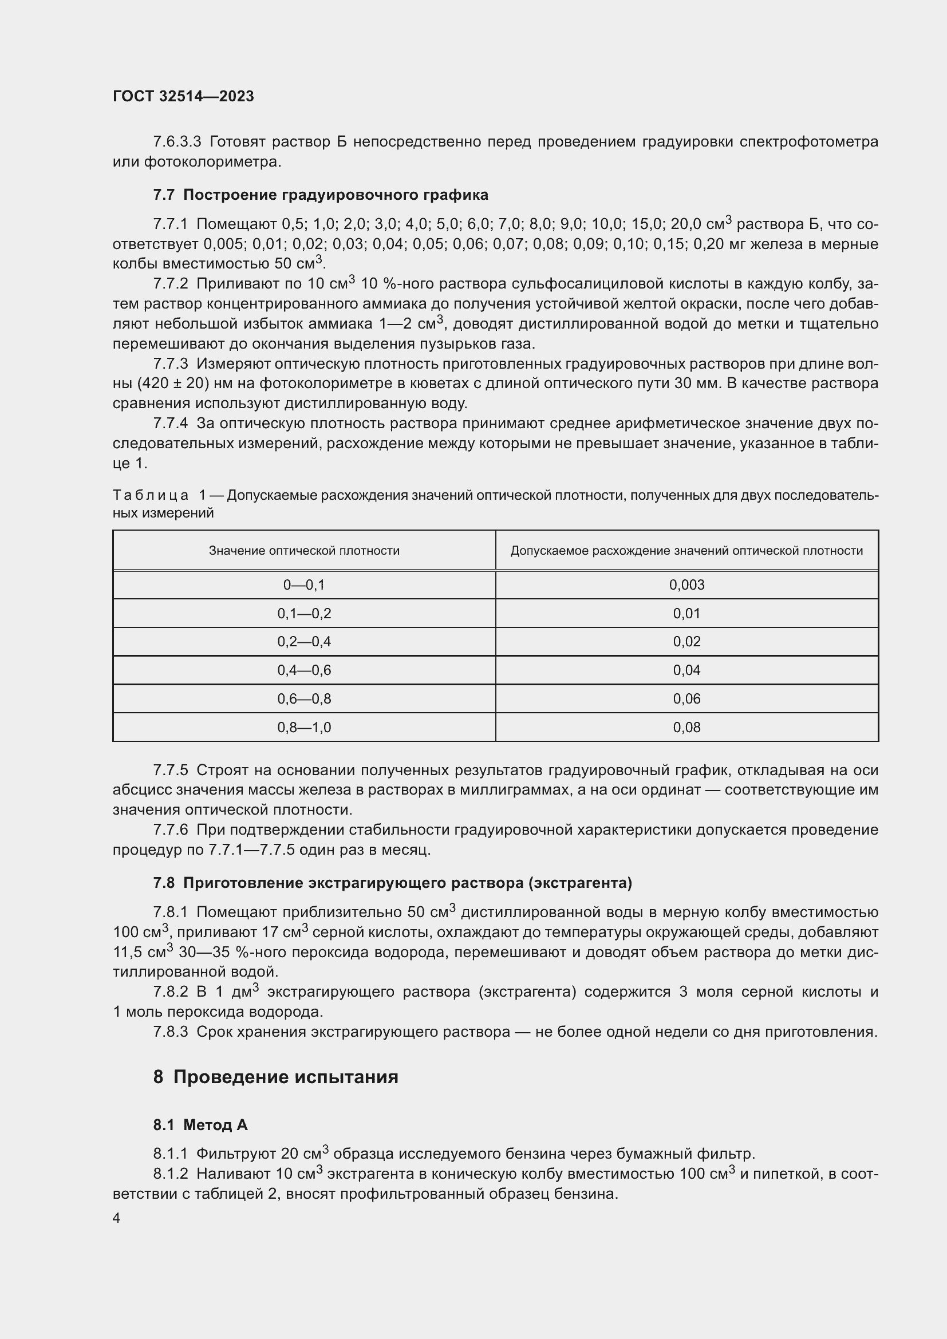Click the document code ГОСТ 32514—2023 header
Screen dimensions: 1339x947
[183, 96]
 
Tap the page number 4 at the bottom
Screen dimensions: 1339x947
[117, 1218]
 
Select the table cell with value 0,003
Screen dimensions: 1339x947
[686, 585]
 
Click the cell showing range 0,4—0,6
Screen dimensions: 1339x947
[304, 670]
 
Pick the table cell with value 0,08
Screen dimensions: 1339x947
[686, 727]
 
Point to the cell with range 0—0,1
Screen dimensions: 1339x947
[304, 585]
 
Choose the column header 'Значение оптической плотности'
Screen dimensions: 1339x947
[304, 551]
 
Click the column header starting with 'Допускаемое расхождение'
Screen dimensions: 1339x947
[686, 551]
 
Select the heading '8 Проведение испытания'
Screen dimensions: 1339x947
[275, 1077]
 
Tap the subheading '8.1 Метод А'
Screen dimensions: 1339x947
[200, 1125]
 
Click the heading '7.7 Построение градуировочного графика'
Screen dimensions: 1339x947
[320, 195]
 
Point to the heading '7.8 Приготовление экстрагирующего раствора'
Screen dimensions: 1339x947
[392, 883]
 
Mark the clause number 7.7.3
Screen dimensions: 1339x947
[170, 364]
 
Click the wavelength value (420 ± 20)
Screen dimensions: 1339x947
[172, 384]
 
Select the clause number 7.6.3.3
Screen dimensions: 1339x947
[177, 142]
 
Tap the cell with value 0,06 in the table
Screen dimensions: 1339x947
[686, 698]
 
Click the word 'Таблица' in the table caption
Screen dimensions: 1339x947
[151, 495]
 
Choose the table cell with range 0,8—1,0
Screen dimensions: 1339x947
[304, 727]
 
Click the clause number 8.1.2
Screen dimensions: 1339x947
[170, 1174]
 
